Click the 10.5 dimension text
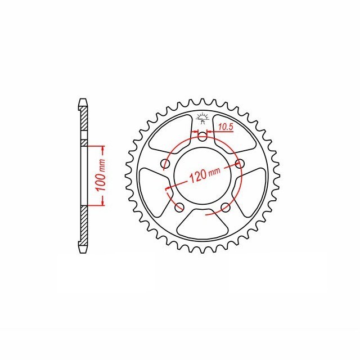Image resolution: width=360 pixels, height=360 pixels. tap(226, 128)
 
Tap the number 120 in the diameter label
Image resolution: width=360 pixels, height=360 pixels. tap(197, 176)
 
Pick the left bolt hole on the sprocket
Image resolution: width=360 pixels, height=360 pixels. tap(165, 164)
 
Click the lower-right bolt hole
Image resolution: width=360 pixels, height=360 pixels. tap(226, 208)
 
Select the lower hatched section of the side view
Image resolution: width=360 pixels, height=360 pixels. tap(84, 225)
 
